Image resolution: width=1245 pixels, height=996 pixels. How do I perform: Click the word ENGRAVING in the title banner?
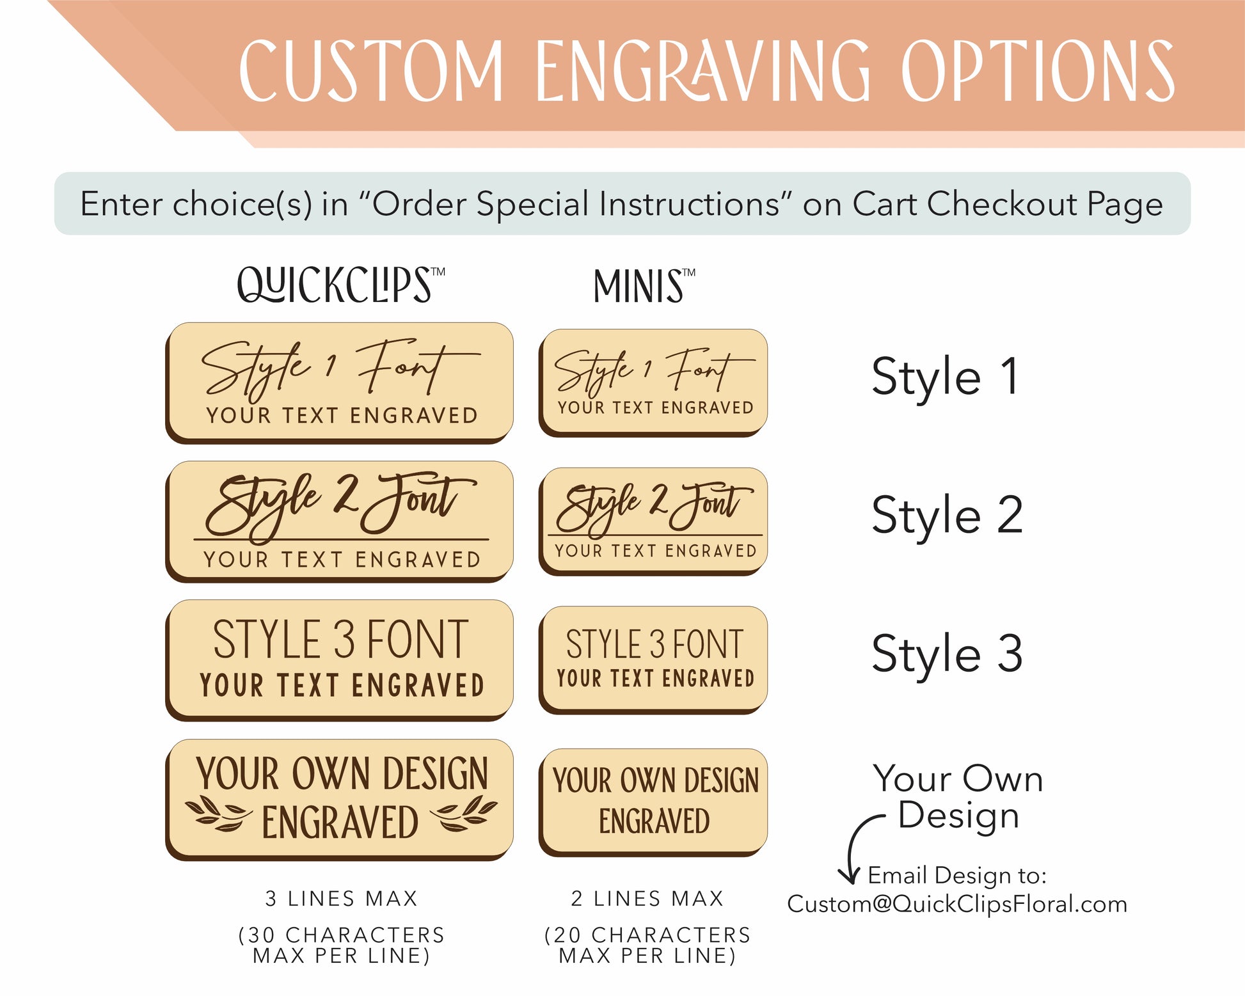702,70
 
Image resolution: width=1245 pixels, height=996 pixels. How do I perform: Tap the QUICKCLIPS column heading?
341,285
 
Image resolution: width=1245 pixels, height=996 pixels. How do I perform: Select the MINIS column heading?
644,285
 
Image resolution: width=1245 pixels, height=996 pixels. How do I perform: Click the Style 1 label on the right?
945,376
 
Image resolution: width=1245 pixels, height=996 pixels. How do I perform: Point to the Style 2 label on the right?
947,515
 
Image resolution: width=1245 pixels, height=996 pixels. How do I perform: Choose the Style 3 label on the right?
947,653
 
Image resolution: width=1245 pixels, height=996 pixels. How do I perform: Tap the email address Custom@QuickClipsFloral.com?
957,905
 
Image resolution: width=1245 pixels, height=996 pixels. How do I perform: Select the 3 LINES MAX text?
342,899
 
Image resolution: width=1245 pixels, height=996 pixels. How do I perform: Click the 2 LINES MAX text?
647,899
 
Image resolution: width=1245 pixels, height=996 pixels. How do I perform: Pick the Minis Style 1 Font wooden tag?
653,383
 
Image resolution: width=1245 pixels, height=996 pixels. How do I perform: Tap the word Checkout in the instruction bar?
1003,204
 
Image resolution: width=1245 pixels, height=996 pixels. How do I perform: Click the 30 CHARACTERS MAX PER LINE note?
342,945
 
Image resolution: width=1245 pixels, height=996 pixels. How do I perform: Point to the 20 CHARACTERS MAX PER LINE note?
647,945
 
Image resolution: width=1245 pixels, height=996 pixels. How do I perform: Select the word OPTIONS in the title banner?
1038,70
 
